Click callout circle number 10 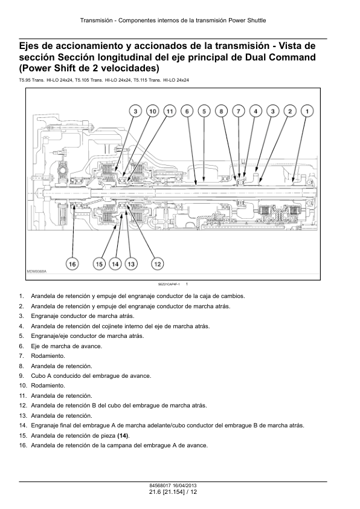152,111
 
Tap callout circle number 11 170,111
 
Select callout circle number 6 187,111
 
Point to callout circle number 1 307,111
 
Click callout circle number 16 72,264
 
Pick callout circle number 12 158,264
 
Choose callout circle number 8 221,111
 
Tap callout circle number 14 115,264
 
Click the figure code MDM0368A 36,271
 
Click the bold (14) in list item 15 123,436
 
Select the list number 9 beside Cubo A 21,376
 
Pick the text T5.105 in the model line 81,80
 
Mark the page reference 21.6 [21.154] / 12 173,492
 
